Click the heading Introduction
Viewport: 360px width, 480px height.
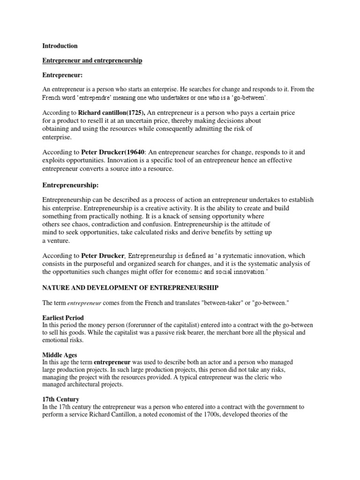click(x=60, y=46)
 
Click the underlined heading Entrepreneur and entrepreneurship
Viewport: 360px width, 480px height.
click(x=92, y=61)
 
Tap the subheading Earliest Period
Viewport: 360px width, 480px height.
click(x=63, y=318)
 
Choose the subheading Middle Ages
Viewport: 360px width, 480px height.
click(x=59, y=355)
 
